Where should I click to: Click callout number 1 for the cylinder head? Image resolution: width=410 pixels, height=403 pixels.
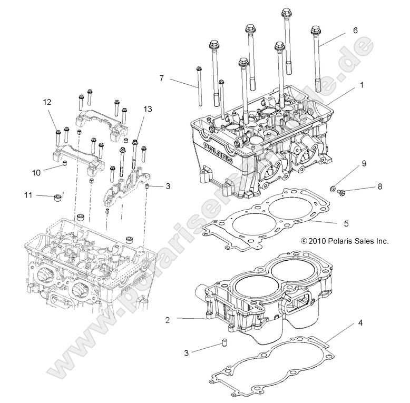pos(362,84)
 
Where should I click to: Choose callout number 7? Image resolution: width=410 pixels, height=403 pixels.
pos(162,78)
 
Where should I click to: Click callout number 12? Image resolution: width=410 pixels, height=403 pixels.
pos(47,102)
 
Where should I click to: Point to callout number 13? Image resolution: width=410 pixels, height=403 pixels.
pos(147,109)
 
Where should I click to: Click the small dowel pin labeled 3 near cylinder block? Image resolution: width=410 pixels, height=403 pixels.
pos(222,346)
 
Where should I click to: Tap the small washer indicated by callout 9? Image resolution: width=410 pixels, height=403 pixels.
pos(333,188)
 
